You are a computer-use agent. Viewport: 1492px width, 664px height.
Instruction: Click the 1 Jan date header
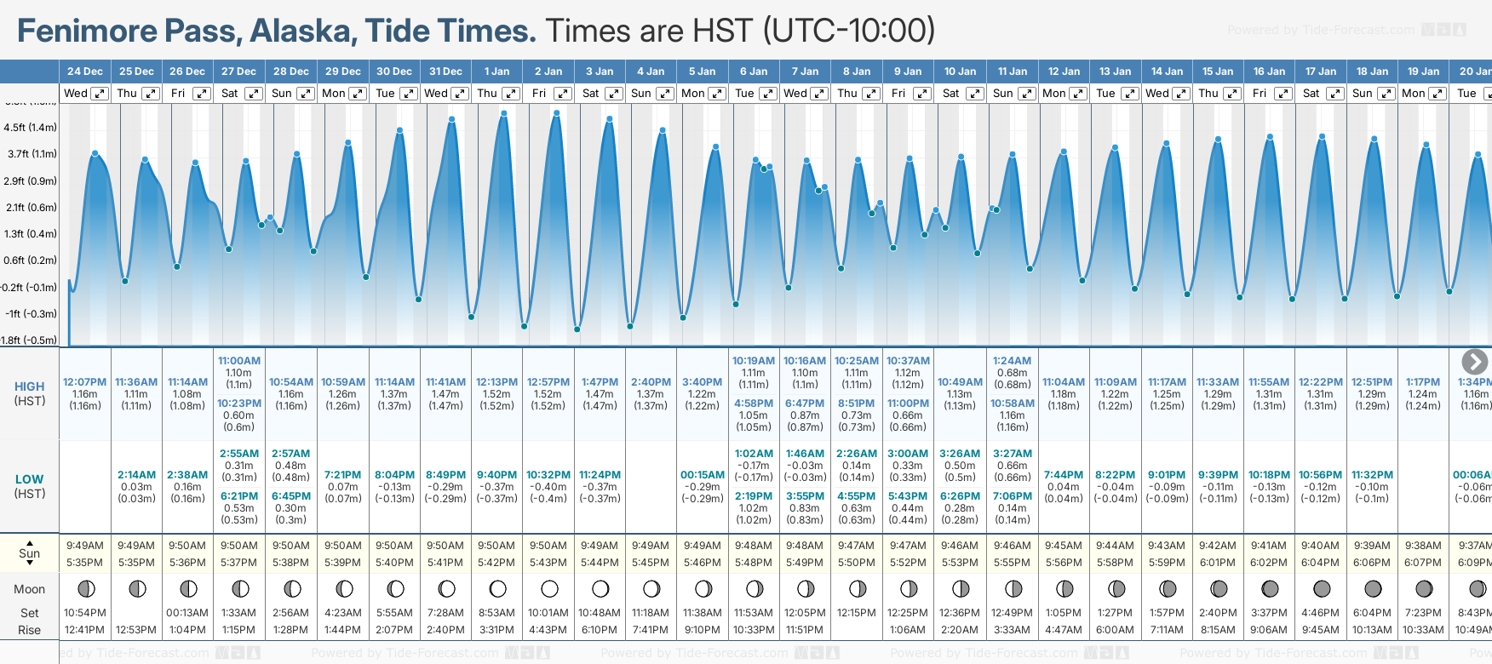[496, 72]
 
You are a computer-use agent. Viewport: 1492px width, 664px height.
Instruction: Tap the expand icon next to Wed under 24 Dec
[100, 94]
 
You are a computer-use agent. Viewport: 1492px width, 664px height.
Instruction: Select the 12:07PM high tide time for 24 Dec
[85, 382]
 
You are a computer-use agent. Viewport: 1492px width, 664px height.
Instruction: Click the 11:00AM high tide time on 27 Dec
[239, 361]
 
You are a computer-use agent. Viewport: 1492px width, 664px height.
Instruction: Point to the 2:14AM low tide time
[136, 475]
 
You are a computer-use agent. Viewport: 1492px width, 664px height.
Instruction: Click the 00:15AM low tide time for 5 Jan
[703, 475]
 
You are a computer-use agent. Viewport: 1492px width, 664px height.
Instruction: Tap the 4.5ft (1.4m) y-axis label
[31, 128]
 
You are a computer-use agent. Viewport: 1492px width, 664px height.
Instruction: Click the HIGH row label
[30, 386]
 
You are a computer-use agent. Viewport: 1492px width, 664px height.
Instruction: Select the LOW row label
[30, 479]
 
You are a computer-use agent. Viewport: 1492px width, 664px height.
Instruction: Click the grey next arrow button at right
[1474, 362]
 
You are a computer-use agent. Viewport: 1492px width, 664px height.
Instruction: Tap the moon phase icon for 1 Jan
[498, 588]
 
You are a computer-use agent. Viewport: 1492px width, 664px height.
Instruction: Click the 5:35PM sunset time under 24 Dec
[85, 563]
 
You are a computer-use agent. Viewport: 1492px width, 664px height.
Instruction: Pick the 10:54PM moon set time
[85, 613]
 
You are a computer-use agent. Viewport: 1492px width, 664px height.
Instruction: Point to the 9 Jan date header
[908, 72]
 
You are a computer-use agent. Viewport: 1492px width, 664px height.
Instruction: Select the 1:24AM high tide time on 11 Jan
[1012, 361]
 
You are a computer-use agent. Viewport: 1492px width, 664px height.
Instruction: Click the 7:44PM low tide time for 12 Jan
[1064, 475]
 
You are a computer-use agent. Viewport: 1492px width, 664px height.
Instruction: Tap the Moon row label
[30, 589]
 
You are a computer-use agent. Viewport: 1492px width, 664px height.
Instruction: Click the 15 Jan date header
[1218, 72]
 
